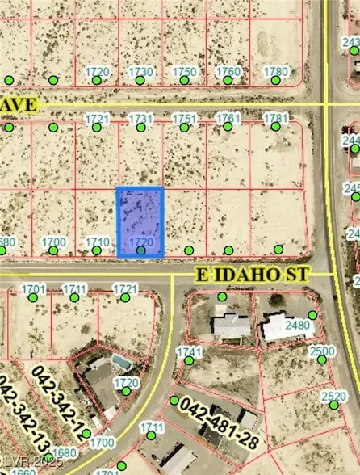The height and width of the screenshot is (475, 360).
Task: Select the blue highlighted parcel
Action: pyautogui.click(x=140, y=222)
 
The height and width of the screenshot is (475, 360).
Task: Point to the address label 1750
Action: pyautogui.click(x=184, y=72)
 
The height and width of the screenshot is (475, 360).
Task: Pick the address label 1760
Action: pyautogui.click(x=228, y=72)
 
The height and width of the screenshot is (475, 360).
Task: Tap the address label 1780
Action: pyautogui.click(x=276, y=72)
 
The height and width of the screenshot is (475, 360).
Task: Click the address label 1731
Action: pyautogui.click(x=141, y=119)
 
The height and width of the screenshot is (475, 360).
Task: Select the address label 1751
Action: pyautogui.click(x=184, y=119)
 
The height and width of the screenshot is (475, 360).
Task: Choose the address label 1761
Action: pyautogui.click(x=228, y=119)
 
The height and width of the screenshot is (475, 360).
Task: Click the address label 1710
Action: pyautogui.click(x=98, y=242)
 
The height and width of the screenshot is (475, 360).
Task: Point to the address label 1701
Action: pyautogui.click(x=33, y=288)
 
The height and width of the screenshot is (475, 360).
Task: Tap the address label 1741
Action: pyautogui.click(x=189, y=352)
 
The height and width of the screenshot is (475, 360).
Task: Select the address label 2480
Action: pyautogui.click(x=298, y=325)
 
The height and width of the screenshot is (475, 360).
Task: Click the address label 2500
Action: pyautogui.click(x=322, y=351)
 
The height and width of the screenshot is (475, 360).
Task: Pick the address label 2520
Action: pyautogui.click(x=333, y=396)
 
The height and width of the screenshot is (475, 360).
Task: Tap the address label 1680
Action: pyautogui.click(x=65, y=453)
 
